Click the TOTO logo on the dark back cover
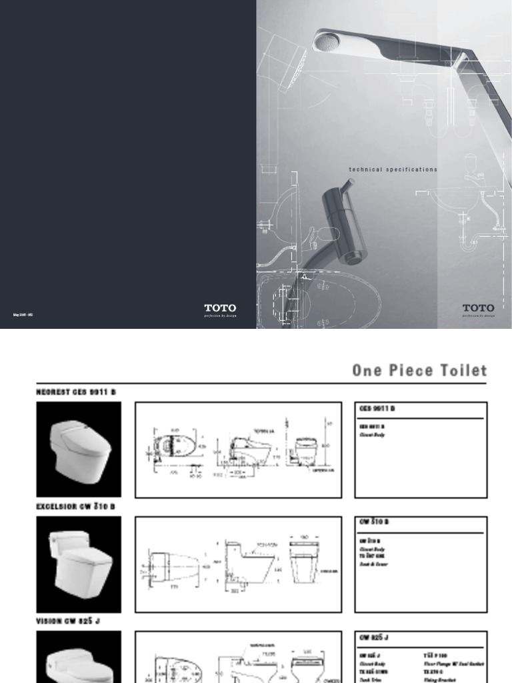(x=219, y=309)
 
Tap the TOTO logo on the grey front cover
(x=478, y=309)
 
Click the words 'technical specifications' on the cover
(x=393, y=169)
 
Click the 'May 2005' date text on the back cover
(x=23, y=314)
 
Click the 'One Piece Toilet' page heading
(x=419, y=371)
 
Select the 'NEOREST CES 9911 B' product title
(x=77, y=392)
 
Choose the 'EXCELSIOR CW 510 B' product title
(x=75, y=506)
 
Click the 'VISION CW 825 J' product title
(x=67, y=621)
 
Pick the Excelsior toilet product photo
(x=79, y=564)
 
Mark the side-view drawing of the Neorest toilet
(x=250, y=450)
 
